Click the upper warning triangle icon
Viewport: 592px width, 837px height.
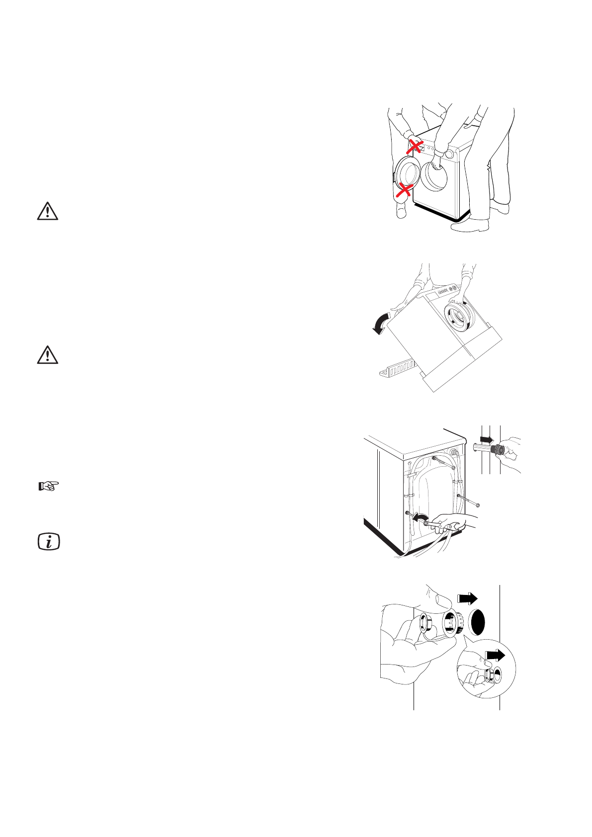click(47, 211)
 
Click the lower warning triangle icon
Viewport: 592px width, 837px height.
click(47, 355)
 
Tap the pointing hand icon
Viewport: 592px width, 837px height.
click(49, 486)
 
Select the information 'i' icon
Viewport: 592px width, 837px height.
click(49, 541)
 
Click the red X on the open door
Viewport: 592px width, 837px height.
click(405, 189)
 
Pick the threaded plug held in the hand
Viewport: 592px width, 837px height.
click(496, 449)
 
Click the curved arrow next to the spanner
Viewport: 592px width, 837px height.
click(420, 519)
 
